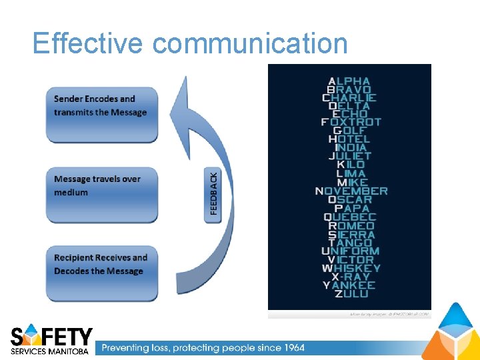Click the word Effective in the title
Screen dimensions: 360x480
87,43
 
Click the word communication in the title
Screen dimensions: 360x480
250,43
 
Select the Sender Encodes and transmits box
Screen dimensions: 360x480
101,113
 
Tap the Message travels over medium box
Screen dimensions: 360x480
101,194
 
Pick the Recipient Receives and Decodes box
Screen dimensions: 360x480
101,273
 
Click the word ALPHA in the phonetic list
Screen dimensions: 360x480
349,81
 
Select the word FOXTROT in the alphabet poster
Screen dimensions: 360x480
351,122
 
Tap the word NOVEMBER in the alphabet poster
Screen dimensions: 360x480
351,191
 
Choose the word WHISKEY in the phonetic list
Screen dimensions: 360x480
351,268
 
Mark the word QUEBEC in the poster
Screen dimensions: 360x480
350,217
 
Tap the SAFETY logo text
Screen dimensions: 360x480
52,335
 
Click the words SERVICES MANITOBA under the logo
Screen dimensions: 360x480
49,351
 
